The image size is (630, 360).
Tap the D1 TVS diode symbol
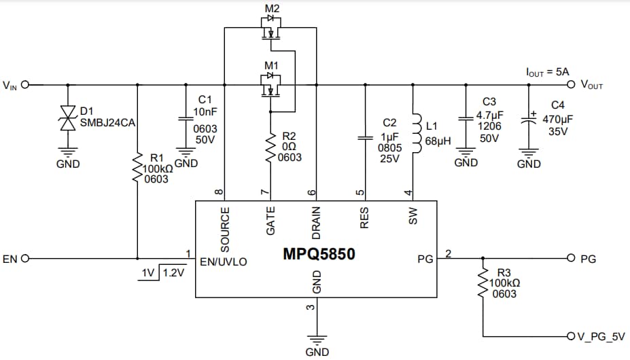(x=67, y=118)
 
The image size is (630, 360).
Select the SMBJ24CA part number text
(x=109, y=122)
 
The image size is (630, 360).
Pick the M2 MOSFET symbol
(x=271, y=29)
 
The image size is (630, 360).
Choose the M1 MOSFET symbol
(x=271, y=86)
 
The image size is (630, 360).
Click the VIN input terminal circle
(x=26, y=86)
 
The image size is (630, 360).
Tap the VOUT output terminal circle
(x=572, y=85)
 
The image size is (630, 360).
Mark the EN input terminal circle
(x=26, y=259)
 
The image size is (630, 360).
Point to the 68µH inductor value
(x=438, y=141)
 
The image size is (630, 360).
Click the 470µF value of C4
(x=557, y=118)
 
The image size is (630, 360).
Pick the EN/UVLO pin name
(x=224, y=261)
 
